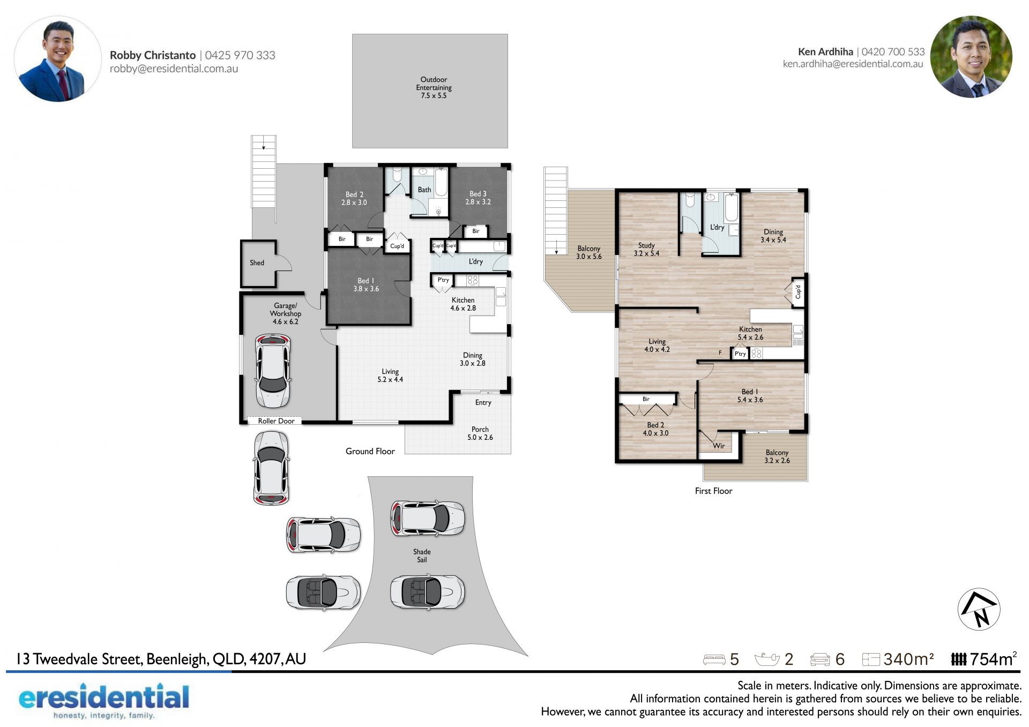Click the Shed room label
(257, 263)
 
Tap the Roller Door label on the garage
(276, 421)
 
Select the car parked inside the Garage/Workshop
(273, 371)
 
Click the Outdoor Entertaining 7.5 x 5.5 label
(434, 87)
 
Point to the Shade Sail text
(422, 556)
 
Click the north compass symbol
(979, 609)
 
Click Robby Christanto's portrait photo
(57, 59)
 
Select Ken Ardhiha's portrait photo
(971, 57)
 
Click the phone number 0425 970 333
(240, 55)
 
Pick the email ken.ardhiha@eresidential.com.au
(853, 64)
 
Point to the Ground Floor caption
(370, 451)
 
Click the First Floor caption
(713, 491)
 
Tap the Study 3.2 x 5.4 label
(646, 249)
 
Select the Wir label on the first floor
(719, 446)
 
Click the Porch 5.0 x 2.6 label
(480, 433)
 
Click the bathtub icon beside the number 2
(767, 659)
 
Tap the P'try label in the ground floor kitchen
(443, 280)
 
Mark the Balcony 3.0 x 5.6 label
(588, 252)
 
